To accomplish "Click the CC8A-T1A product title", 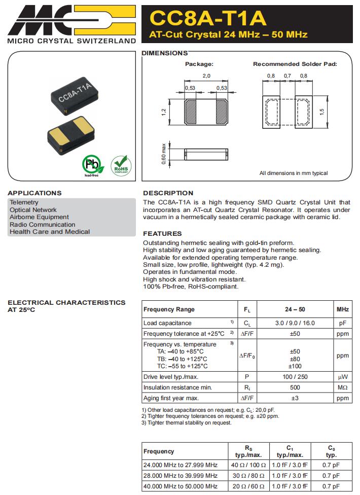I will pos(208,18).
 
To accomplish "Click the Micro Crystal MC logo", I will pos(71,19).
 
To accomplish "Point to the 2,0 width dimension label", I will pos(206,76).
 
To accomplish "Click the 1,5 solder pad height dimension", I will pos(321,111).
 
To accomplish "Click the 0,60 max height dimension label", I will pos(164,154).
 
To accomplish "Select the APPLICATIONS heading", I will pos(34,193).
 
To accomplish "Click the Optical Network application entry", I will pos(33,210).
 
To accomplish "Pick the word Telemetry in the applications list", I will pos(24,202).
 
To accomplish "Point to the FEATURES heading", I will pos(162,234).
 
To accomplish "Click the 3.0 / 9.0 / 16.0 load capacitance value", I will pos(295,323).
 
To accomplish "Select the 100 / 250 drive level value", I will pos(295,377).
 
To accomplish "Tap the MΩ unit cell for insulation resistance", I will pos(342,387).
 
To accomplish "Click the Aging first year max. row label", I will pos(171,398).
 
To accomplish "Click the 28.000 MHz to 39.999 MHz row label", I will pos(181,476).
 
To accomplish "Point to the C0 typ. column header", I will pos(331,451).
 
